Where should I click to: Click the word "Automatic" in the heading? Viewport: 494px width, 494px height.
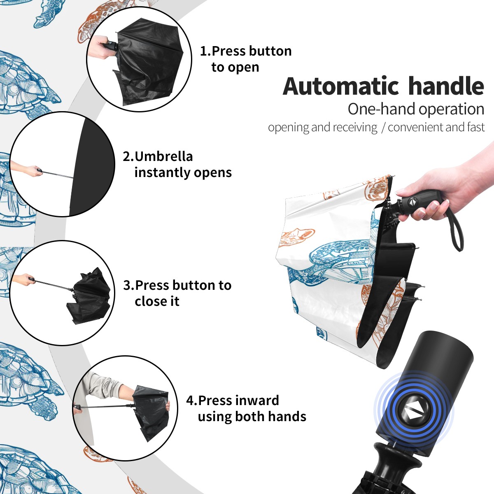click(x=341, y=86)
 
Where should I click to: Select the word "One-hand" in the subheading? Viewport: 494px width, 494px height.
click(x=382, y=110)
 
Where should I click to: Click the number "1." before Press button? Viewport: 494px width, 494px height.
click(x=205, y=51)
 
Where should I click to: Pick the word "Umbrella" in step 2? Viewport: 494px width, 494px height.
click(x=163, y=156)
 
